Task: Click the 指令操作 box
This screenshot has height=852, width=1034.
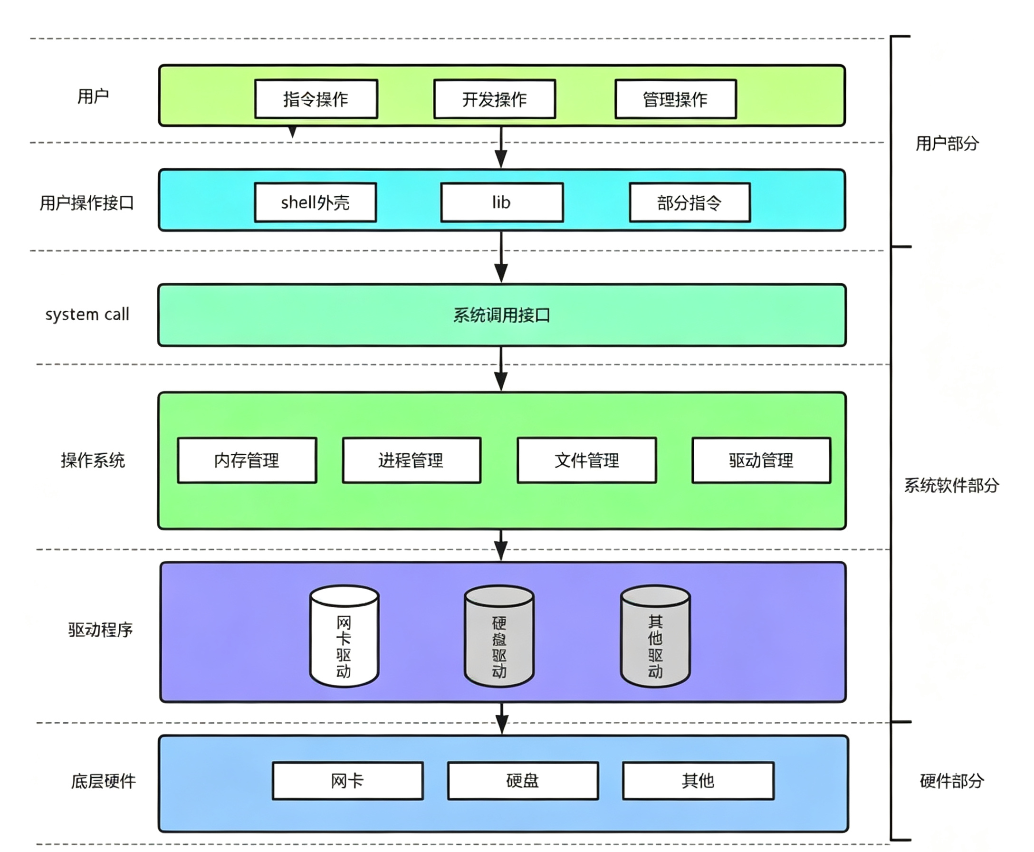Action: [x=316, y=99]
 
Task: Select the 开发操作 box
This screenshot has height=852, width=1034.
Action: [x=495, y=99]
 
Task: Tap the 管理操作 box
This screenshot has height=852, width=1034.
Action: [x=676, y=99]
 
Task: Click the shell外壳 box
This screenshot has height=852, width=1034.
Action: [x=316, y=202]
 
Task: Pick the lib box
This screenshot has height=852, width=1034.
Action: [x=502, y=202]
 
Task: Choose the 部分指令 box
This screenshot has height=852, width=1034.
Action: [x=690, y=202]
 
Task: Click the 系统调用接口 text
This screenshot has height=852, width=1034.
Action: [x=501, y=315]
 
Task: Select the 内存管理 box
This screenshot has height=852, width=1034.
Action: [x=247, y=460]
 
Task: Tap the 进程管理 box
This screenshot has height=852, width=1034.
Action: [x=411, y=460]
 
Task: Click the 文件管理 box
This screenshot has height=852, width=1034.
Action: [x=587, y=460]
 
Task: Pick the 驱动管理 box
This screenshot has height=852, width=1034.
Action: [x=761, y=460]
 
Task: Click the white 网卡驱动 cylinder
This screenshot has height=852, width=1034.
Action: [x=344, y=636]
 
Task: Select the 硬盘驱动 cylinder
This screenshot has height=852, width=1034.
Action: [x=499, y=636]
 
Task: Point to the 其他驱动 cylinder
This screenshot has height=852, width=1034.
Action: [x=655, y=636]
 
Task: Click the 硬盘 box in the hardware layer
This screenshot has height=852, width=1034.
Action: [x=523, y=781]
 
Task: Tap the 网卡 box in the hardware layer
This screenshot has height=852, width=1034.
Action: [x=348, y=781]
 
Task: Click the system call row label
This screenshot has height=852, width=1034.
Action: [x=87, y=315]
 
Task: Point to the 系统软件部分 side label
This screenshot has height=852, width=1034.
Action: [x=951, y=485]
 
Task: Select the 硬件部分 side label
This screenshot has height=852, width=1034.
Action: [x=951, y=781]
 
